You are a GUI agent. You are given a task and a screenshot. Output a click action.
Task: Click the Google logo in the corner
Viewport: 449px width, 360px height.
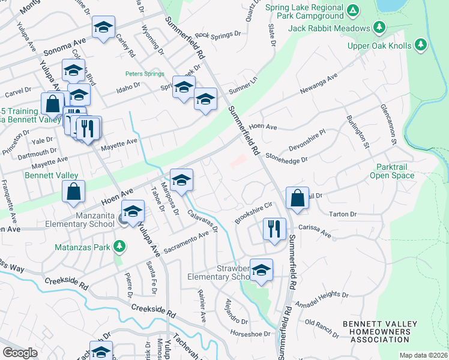20,353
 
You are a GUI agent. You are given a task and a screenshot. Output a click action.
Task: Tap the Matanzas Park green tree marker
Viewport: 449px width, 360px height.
120,246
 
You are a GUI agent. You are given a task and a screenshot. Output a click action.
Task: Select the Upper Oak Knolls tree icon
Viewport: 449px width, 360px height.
421,46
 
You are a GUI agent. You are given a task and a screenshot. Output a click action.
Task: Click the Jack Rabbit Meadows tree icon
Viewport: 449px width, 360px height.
379,28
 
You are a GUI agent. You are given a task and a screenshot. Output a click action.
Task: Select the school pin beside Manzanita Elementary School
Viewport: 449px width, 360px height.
133,211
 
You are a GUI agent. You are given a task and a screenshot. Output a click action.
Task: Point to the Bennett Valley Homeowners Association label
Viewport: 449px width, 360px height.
379,332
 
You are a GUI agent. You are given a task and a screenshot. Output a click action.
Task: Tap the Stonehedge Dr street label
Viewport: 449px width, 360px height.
286,157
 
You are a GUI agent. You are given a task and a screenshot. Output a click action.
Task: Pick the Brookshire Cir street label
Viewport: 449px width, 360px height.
253,212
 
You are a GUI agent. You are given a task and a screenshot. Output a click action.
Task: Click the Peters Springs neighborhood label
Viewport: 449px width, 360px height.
145,74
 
